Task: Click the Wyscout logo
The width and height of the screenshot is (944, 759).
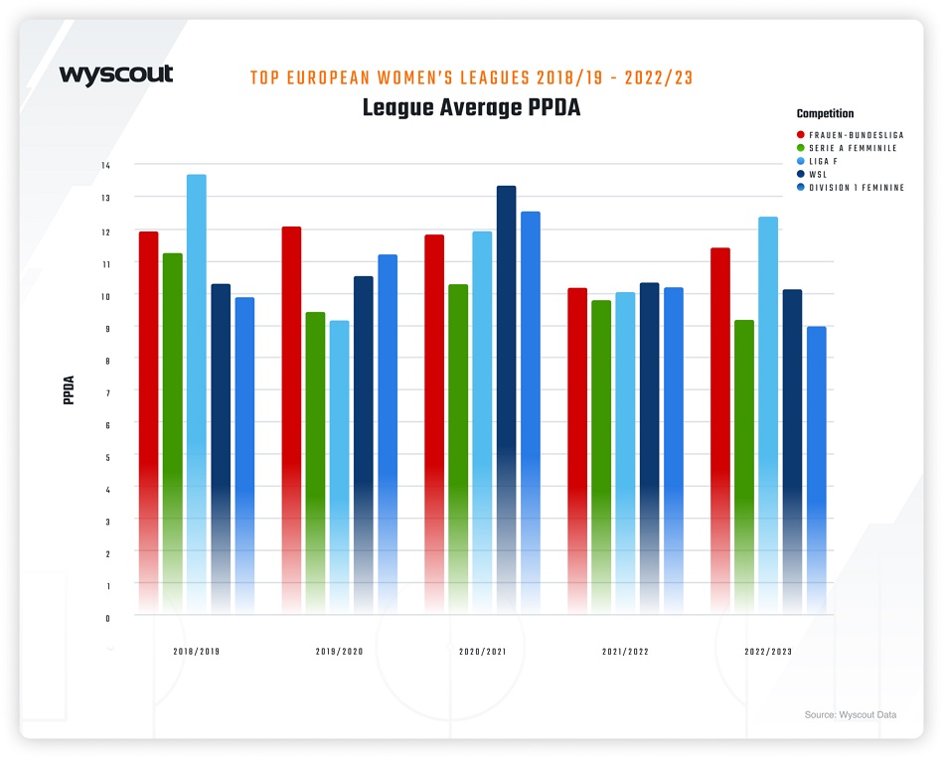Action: click(x=116, y=76)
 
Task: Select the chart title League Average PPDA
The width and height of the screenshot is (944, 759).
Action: click(x=471, y=107)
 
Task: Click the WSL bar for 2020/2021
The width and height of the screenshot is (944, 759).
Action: click(x=506, y=397)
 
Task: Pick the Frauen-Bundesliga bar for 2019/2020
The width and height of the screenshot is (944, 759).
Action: click(x=291, y=417)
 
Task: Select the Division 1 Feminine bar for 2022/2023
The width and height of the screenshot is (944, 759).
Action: click(x=816, y=468)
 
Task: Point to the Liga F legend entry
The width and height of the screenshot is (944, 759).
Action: click(x=828, y=161)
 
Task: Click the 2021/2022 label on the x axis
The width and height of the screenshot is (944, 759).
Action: click(x=626, y=653)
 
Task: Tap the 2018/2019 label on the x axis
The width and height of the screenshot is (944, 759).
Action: click(x=197, y=653)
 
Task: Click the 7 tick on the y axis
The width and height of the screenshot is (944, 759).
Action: click(x=107, y=392)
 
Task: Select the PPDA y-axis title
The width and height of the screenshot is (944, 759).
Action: click(x=69, y=390)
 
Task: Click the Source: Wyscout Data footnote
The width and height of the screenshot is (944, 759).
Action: click(x=850, y=714)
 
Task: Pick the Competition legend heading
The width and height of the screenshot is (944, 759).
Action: click(x=825, y=114)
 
